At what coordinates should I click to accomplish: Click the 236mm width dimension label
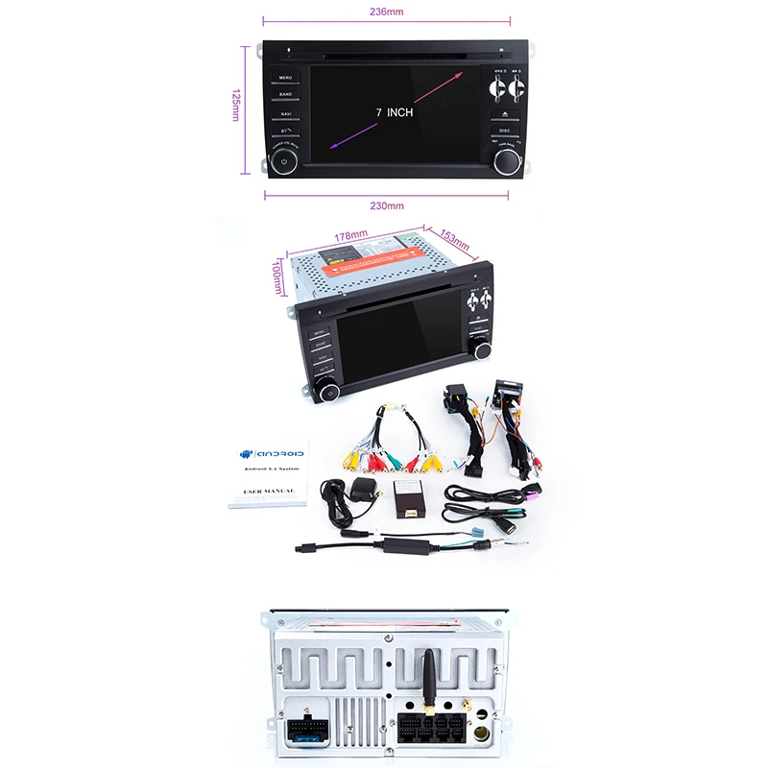click(386, 12)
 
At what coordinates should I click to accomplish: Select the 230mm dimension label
click(386, 205)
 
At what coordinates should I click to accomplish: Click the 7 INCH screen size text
click(394, 112)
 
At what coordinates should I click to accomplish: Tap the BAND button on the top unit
click(286, 94)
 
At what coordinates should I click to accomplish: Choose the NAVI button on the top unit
click(286, 112)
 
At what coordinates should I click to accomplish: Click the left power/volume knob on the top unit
click(285, 159)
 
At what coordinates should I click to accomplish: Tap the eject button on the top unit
click(503, 113)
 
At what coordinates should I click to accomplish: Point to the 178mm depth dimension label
click(351, 235)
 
